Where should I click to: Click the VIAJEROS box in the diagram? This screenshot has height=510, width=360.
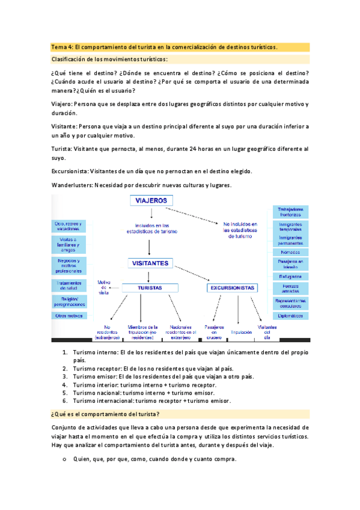click(x=151, y=201)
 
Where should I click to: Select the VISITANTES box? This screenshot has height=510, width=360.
click(x=151, y=263)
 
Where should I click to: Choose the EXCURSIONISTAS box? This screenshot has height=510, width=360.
click(x=233, y=288)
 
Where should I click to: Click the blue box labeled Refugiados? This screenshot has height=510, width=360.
click(x=290, y=276)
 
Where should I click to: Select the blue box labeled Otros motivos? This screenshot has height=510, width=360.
click(x=69, y=315)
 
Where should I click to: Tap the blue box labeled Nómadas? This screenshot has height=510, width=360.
click(x=290, y=252)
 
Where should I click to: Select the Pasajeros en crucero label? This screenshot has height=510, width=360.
click(x=214, y=331)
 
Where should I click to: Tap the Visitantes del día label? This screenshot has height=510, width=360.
click(x=267, y=331)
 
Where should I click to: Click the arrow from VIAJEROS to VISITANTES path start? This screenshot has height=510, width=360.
click(x=151, y=210)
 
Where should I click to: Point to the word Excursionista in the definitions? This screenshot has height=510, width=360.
click(x=71, y=171)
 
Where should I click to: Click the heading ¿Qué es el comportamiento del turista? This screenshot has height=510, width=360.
click(x=105, y=414)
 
